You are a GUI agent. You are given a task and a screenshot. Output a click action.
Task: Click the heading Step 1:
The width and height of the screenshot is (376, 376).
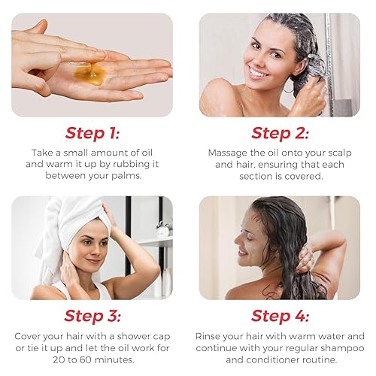(x=92, y=133)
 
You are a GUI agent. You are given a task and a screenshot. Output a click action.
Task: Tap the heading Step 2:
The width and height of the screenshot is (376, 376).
(x=280, y=133)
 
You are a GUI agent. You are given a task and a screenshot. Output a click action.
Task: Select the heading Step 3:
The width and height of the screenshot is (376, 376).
(x=92, y=316)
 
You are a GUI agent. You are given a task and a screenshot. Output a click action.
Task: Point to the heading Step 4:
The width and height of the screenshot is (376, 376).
(x=280, y=316)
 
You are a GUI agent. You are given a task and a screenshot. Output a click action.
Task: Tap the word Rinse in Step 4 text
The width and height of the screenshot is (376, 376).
(x=210, y=336)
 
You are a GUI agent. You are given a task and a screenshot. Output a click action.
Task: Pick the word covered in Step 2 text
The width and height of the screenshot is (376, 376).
(x=308, y=176)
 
